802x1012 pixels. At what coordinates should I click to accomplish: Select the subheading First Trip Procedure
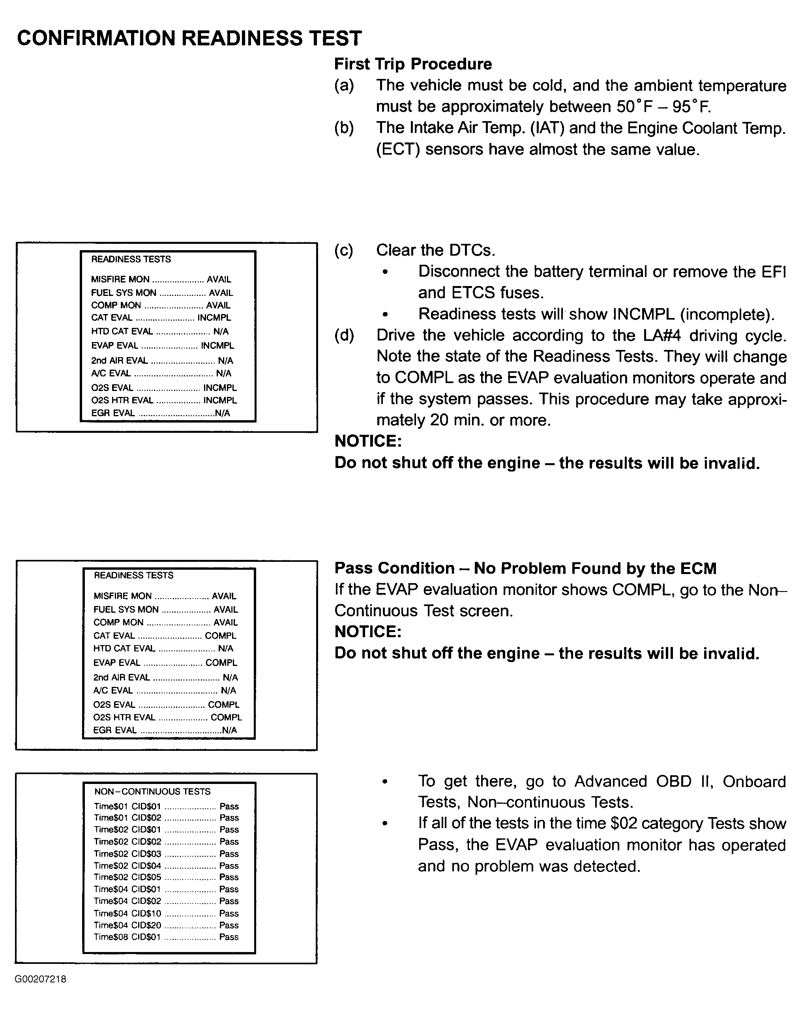click(x=413, y=64)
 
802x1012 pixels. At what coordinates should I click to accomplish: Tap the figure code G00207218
click(x=40, y=979)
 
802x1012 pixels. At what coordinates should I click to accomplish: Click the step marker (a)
click(x=344, y=86)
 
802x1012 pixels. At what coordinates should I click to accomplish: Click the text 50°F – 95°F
click(x=663, y=107)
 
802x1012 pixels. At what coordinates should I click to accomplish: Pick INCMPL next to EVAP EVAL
click(x=217, y=346)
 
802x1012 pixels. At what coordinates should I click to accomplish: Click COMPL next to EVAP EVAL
click(x=221, y=663)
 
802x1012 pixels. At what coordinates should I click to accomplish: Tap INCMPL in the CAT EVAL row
click(x=214, y=318)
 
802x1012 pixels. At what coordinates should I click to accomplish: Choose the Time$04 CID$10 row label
click(x=127, y=913)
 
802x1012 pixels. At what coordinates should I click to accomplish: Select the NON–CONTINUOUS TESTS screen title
click(x=152, y=791)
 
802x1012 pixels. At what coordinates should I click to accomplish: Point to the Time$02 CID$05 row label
click(x=127, y=877)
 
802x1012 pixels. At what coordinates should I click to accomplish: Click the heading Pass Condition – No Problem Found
click(x=525, y=568)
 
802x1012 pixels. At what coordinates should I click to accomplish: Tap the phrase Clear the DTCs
click(x=435, y=250)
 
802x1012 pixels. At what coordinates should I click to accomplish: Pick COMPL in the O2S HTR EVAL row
click(x=226, y=717)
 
